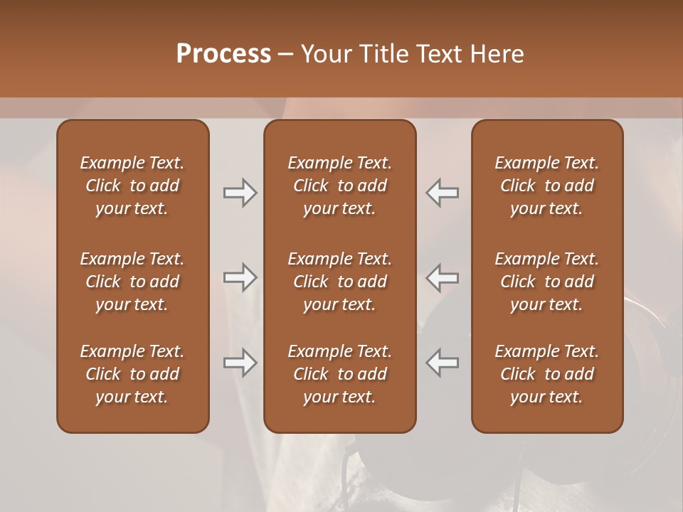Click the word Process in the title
223,54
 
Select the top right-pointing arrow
240,193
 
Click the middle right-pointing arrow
240,277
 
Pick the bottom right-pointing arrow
240,363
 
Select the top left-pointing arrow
442,193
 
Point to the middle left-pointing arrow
442,277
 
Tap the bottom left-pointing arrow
442,363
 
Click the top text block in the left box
132,186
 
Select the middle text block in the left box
132,282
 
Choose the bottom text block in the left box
132,374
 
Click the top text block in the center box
339,186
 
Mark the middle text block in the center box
339,282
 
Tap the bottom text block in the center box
339,374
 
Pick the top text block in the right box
547,186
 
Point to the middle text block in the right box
547,282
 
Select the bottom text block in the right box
547,374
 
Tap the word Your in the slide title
324,54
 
